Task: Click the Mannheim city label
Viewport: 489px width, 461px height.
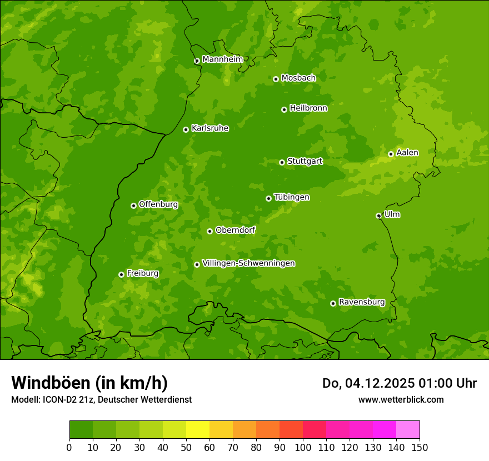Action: click(x=222, y=59)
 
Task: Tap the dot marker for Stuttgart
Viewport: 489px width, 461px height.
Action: click(x=282, y=162)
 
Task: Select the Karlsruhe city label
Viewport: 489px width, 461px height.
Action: click(x=210, y=128)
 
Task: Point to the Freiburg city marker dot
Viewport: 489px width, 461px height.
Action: click(x=121, y=274)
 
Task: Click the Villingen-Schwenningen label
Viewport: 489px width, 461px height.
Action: click(x=248, y=263)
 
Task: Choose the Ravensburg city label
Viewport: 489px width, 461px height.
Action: click(x=362, y=302)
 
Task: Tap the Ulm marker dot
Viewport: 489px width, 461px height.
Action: click(x=378, y=216)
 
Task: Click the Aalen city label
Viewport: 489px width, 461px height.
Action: click(x=407, y=152)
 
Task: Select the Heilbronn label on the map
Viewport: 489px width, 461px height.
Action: click(x=308, y=108)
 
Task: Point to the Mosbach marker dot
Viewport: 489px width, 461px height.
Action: click(x=276, y=79)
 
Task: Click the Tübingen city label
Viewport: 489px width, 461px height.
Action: click(x=292, y=197)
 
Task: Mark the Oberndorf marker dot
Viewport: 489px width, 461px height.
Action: click(x=209, y=231)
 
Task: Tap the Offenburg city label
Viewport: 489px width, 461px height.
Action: click(x=158, y=204)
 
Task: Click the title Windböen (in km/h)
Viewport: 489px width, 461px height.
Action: click(x=89, y=383)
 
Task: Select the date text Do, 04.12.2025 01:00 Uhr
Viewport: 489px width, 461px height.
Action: click(x=400, y=383)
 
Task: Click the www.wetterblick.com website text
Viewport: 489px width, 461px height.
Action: click(x=401, y=399)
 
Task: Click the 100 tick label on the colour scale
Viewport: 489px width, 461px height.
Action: click(x=303, y=447)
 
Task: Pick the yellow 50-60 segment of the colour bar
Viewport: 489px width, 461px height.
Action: click(x=198, y=429)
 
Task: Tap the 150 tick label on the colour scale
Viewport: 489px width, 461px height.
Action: click(x=420, y=447)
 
